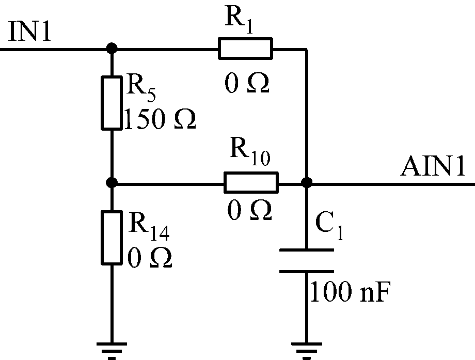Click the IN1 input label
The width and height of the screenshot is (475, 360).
tap(30, 34)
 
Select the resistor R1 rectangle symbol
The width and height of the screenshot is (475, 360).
tap(245, 49)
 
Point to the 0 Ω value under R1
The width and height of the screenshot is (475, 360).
tap(246, 83)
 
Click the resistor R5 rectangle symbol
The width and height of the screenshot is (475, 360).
tap(111, 103)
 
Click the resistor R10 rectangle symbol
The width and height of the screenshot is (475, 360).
tap(250, 182)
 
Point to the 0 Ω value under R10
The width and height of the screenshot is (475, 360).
tap(250, 210)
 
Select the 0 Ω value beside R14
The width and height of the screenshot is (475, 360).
tap(149, 257)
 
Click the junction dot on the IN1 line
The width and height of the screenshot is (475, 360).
tap(111, 49)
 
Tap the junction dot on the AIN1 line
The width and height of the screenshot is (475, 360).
tap(307, 183)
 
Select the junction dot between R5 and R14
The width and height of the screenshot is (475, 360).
tap(111, 183)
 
